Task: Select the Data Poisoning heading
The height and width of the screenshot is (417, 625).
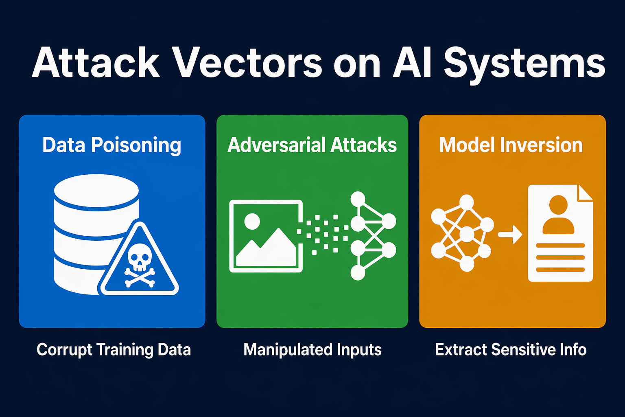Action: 111,145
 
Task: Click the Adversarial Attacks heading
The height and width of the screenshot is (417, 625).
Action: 312,145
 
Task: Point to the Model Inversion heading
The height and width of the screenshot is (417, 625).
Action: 511,145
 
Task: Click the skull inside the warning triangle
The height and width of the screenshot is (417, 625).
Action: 140,257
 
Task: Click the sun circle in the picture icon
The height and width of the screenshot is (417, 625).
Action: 252,222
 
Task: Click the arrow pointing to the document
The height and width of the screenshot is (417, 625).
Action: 510,235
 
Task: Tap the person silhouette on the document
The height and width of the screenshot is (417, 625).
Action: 558,215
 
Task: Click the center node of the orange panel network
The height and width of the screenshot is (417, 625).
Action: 467,235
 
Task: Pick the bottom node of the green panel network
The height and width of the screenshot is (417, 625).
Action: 358,272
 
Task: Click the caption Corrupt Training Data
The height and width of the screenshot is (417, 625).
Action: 114,350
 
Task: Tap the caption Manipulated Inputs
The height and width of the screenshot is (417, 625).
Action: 312,350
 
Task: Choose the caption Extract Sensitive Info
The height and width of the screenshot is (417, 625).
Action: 511,349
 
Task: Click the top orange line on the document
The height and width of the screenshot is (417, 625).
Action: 560,246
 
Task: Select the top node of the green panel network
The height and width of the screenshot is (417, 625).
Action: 358,199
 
